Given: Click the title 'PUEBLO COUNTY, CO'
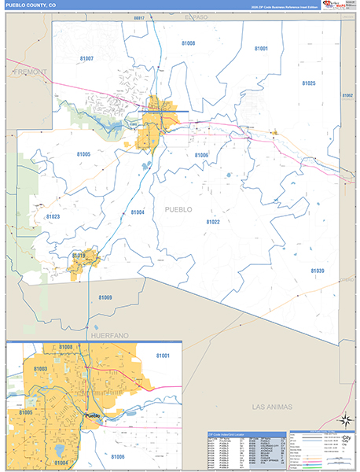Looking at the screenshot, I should pos(31,6).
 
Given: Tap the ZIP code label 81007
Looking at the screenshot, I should pos(86,59).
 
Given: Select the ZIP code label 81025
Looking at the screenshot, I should pos(308,83).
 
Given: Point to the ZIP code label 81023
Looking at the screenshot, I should pos(53,216).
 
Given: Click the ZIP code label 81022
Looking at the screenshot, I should pos(213,223).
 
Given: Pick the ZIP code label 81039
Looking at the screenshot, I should pos(317,271).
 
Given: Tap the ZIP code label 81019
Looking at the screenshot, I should pos(79,256).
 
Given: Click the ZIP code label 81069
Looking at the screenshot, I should pos(105,297).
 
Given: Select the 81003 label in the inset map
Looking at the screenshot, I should pos(41,369).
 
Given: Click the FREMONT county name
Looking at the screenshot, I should pos(30,72).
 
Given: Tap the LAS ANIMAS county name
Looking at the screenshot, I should pos(272,407).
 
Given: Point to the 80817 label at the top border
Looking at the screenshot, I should pos(140,17).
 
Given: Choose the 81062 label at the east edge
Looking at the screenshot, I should pos(348,95).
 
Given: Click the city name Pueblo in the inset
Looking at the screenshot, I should pos(93,416).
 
